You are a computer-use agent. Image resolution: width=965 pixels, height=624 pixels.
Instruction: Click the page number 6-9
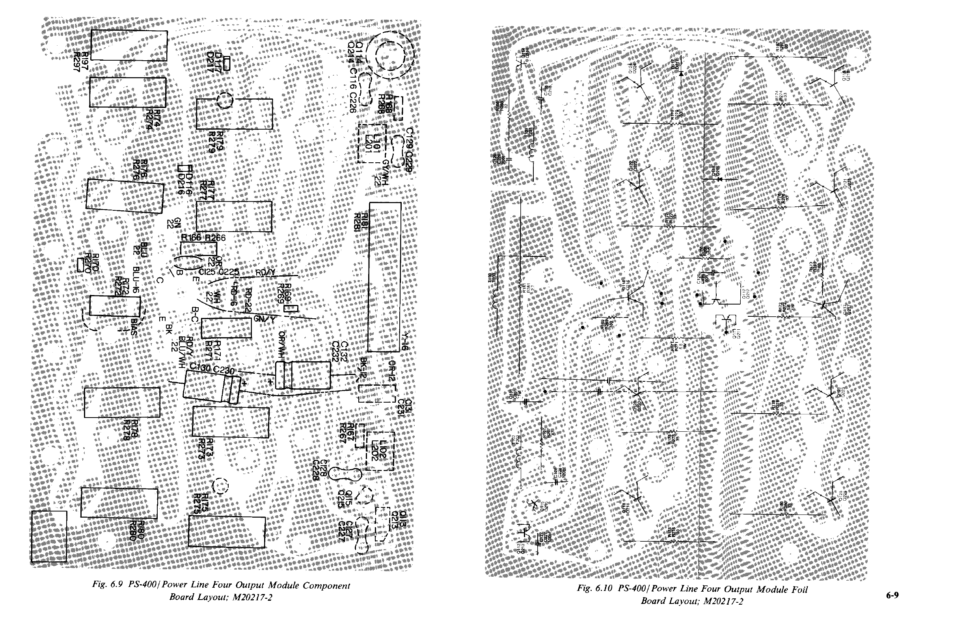[x=892, y=595]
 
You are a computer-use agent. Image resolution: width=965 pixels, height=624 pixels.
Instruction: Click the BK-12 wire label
[x=363, y=368]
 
